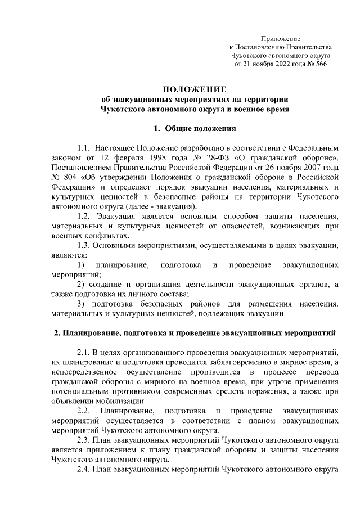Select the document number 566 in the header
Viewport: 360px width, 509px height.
point(319,65)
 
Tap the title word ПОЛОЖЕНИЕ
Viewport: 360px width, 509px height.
point(194,89)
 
